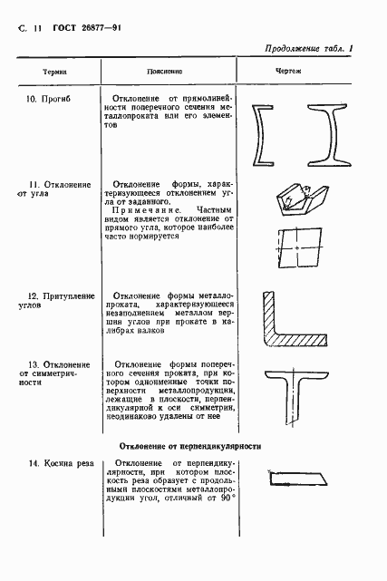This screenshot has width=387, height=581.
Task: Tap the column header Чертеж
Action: tap(287, 71)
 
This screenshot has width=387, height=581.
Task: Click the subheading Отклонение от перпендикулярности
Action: tap(189, 445)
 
